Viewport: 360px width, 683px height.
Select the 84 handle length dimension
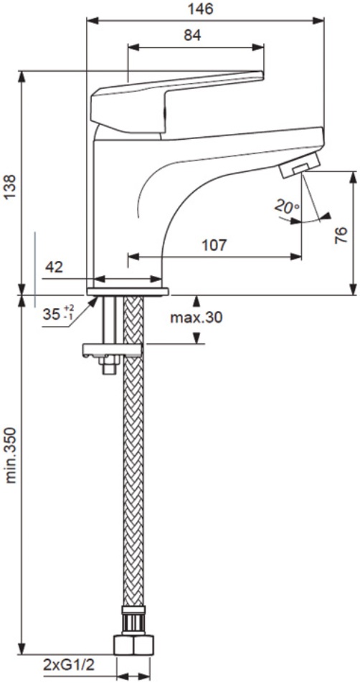coord(192,36)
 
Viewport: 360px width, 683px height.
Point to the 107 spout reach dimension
coord(214,245)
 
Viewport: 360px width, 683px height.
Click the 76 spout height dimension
coord(343,234)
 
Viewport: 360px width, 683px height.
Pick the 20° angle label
coord(286,206)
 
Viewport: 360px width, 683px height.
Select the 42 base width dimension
coord(54,267)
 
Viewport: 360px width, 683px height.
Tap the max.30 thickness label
coord(196,317)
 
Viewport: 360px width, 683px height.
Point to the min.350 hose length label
coord(11,455)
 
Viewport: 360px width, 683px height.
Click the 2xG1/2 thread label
coord(69,665)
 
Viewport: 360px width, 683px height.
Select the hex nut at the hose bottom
coord(133,645)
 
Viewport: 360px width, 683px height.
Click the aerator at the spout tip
coord(300,165)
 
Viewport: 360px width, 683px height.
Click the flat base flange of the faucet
coord(127,292)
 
